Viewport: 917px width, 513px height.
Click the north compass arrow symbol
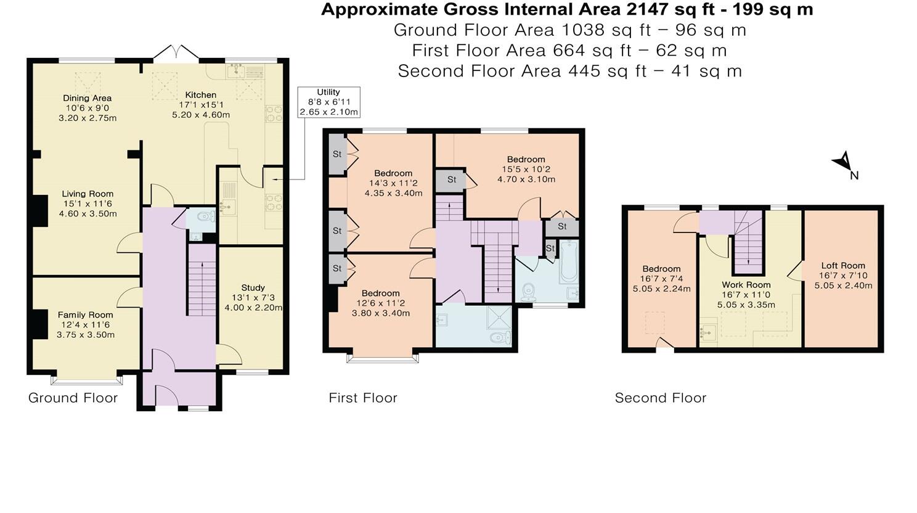(x=842, y=162)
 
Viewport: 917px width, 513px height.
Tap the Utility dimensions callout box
(x=328, y=102)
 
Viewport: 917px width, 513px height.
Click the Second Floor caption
(x=660, y=398)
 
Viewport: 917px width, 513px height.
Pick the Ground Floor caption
(x=73, y=398)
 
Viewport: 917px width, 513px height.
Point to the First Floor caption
(x=363, y=398)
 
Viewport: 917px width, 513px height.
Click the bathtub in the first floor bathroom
(x=569, y=262)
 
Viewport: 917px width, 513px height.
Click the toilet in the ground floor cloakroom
(x=205, y=216)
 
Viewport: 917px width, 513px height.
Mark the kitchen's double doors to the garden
(x=176, y=54)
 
